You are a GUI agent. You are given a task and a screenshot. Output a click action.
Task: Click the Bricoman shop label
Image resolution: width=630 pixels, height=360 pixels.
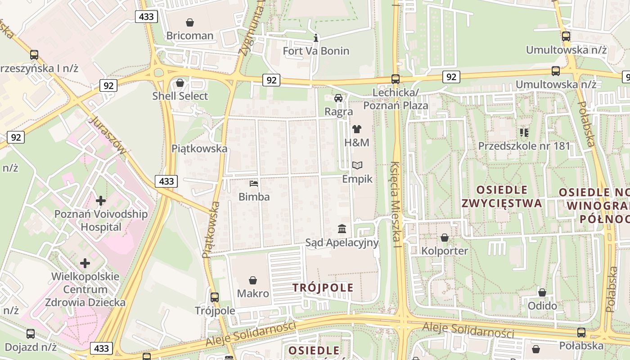tap(189, 36)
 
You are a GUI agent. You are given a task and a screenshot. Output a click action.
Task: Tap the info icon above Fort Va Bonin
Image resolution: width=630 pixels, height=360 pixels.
tap(316, 38)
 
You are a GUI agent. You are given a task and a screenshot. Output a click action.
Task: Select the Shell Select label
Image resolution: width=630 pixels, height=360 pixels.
tap(180, 96)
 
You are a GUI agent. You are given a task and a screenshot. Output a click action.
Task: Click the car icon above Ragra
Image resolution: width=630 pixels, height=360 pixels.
tap(338, 98)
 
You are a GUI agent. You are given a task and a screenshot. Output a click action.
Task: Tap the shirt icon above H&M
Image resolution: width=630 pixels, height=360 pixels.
tap(357, 129)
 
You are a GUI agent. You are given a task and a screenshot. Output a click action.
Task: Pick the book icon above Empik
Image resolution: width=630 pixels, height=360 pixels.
tap(357, 166)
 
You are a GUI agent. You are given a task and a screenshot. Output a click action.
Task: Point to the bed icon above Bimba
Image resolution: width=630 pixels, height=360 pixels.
tap(254, 184)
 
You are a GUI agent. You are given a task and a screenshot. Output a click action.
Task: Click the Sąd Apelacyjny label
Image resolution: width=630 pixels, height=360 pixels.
tap(342, 243)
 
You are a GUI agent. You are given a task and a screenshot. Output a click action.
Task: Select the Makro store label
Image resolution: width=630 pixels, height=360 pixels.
tap(253, 293)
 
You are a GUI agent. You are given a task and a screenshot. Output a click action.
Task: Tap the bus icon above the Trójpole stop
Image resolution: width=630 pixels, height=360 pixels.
tap(215, 297)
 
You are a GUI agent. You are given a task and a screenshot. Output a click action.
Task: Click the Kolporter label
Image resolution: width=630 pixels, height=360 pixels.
tap(445, 251)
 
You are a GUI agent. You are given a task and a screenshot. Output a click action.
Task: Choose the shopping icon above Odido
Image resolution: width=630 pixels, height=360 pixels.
tap(542, 292)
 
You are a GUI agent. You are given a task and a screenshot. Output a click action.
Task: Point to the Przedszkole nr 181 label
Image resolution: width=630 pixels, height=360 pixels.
tap(524, 146)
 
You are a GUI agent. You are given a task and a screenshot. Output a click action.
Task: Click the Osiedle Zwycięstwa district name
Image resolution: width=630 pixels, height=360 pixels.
tap(502, 196)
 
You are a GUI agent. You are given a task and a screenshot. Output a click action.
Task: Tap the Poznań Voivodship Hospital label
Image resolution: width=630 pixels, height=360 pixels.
tap(101, 220)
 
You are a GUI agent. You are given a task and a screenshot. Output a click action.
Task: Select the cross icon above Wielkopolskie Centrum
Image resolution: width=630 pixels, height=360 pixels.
tap(85, 263)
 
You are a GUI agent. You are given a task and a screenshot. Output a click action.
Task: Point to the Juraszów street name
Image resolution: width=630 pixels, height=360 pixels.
tap(108, 135)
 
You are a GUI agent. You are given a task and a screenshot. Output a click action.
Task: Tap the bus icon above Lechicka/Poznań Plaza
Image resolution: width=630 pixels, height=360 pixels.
tap(396, 79)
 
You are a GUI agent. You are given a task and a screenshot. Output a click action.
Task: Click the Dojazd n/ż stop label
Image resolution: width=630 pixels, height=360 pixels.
tap(30, 347)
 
